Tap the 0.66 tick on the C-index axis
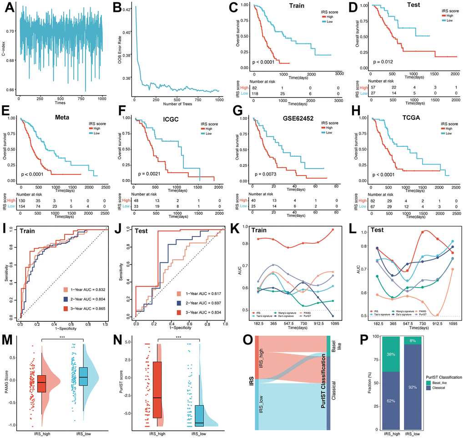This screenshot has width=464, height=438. pos(10,89)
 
